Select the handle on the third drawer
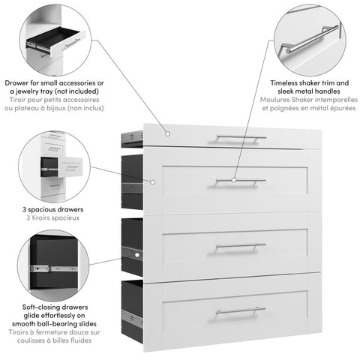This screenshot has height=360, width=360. (240, 245)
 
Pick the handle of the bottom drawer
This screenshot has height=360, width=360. (240, 310)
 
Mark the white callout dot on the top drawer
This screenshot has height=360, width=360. (168, 135)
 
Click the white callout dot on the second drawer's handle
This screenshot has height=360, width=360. (234, 181)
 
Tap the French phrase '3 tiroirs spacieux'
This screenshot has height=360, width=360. (53, 217)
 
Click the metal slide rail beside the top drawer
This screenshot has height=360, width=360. (132, 136)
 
